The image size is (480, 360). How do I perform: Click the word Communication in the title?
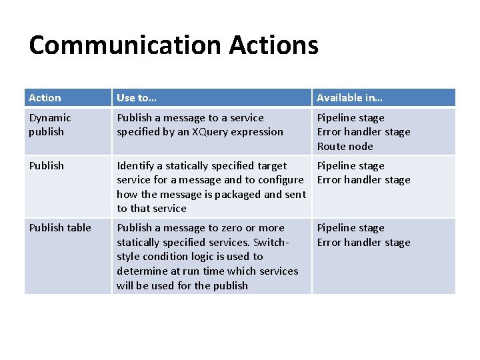pyautogui.click(x=125, y=45)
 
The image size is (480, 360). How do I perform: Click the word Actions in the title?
pyautogui.click(x=273, y=45)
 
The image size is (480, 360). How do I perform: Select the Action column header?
pyautogui.click(x=45, y=98)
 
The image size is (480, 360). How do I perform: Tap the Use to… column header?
pyautogui.click(x=137, y=98)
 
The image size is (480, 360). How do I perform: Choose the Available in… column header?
pyautogui.click(x=349, y=98)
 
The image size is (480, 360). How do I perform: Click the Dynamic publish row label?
pyautogui.click(x=49, y=125)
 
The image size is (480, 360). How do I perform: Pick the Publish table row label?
pyautogui.click(x=60, y=228)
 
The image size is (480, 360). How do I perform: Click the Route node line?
pyautogui.click(x=345, y=147)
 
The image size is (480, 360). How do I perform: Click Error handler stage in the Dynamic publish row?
pyautogui.click(x=363, y=132)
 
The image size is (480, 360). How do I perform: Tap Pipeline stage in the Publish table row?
pyautogui.click(x=351, y=228)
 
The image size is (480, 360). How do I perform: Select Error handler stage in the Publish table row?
pyautogui.click(x=363, y=243)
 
